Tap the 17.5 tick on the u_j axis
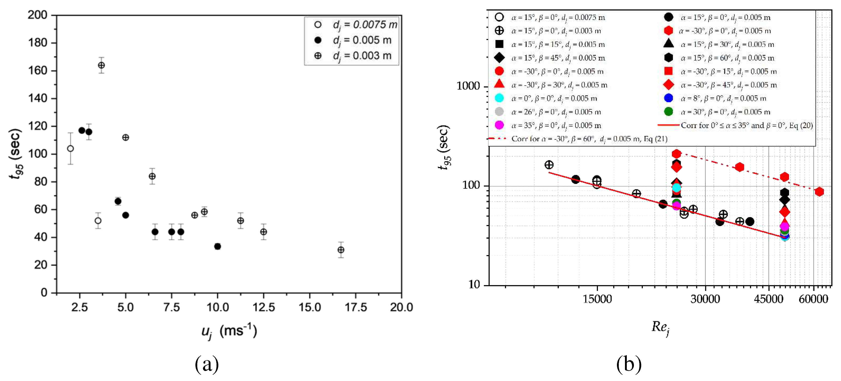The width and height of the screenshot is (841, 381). [356, 307]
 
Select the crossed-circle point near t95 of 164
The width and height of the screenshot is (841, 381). [101, 65]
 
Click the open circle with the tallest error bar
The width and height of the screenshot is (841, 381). [70, 149]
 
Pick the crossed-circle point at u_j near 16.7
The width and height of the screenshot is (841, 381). [341, 250]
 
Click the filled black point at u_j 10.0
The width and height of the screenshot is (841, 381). [217, 246]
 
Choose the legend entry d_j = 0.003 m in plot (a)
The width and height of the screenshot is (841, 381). [362, 56]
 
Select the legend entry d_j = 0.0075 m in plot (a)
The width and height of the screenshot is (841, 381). [364, 25]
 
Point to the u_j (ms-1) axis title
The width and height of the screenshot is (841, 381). [229, 331]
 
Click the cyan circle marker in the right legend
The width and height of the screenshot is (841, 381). [499, 98]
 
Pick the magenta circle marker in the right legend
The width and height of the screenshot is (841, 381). [499, 125]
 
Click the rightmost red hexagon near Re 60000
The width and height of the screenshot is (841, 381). [819, 192]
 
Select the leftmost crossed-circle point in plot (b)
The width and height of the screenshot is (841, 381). [549, 165]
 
